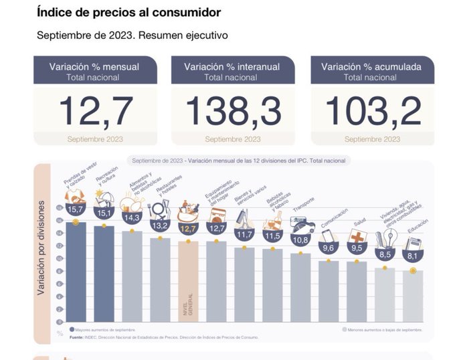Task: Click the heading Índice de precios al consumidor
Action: point(129,13)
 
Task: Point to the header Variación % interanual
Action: point(233,66)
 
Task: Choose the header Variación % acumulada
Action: point(372,66)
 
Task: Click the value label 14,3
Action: point(131,217)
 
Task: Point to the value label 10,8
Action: point(300,240)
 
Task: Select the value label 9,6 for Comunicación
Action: point(329,248)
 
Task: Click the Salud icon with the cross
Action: point(357,237)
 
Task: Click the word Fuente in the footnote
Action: point(77,337)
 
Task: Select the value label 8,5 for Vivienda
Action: point(385,254)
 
